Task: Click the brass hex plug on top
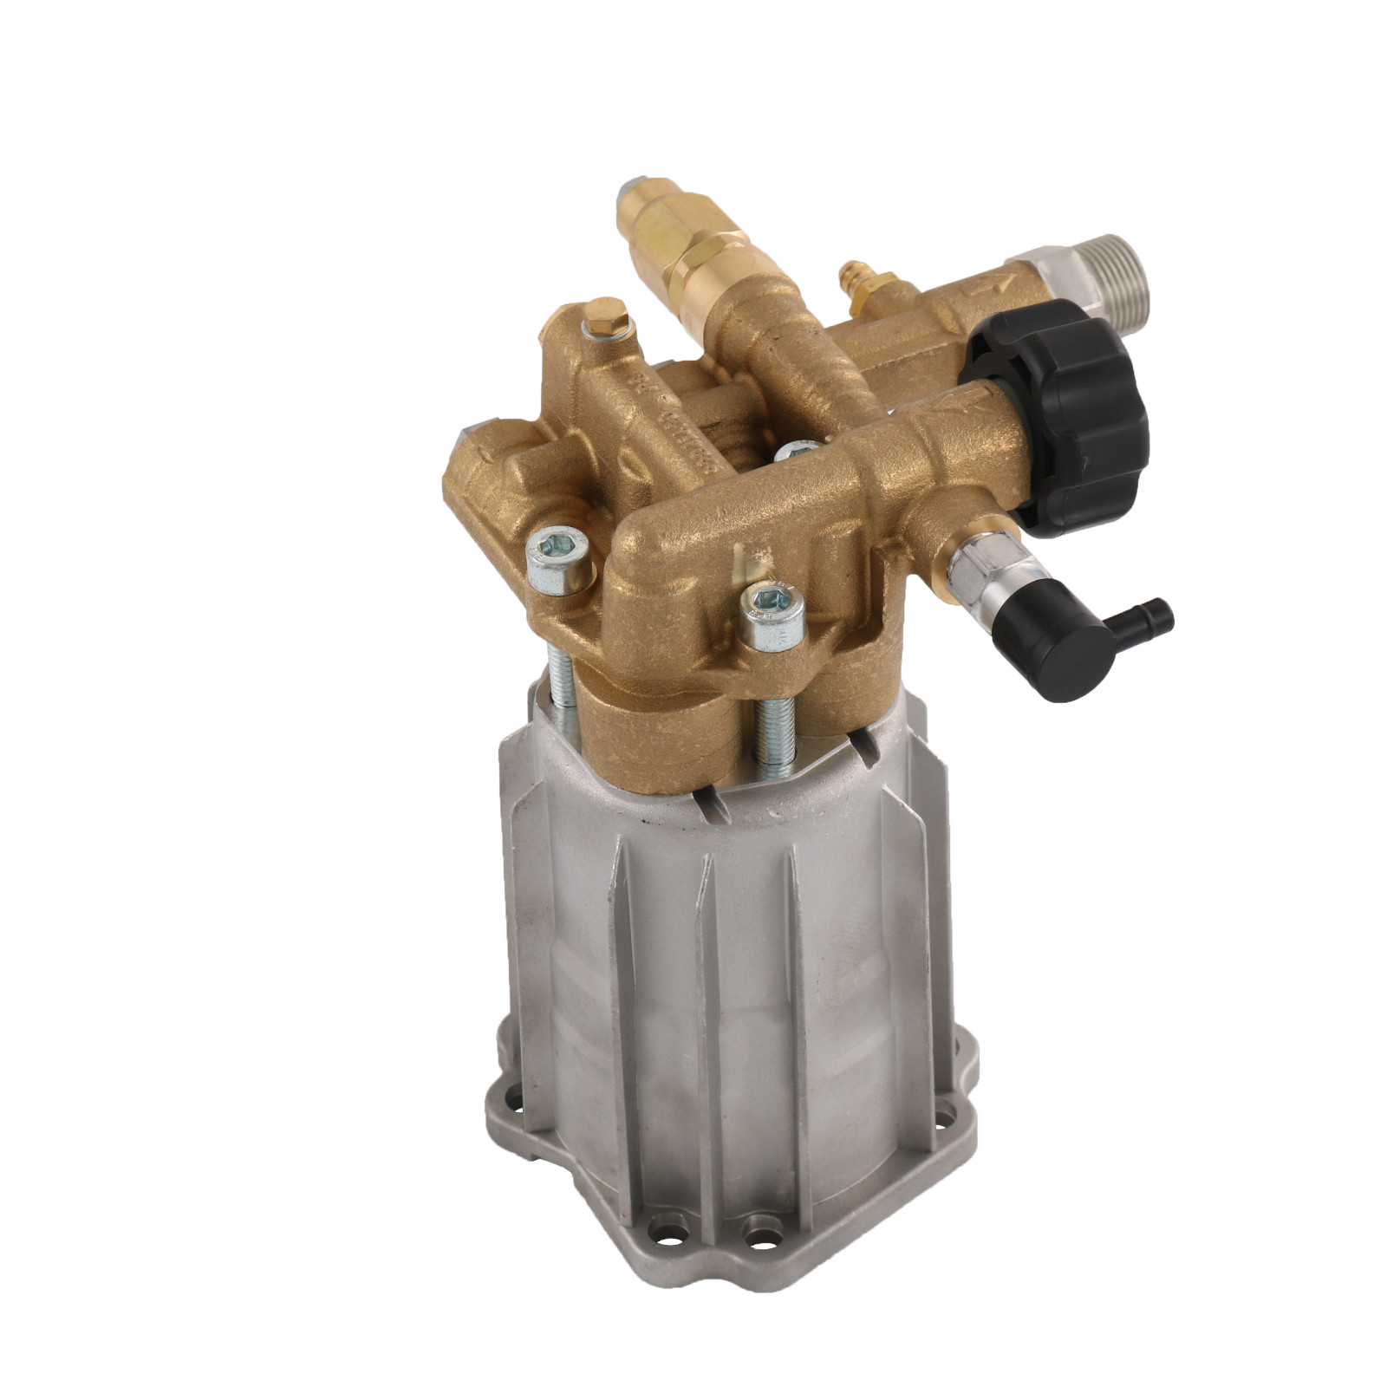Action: (x=603, y=317)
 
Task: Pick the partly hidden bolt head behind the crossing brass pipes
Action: (x=795, y=453)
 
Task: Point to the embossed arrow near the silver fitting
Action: (x=997, y=282)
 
